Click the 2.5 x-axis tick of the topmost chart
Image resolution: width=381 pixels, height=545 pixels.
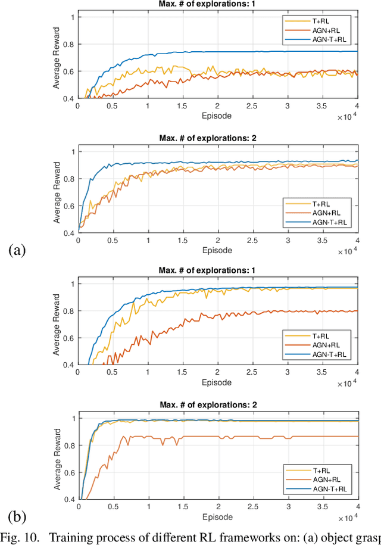point(252,105)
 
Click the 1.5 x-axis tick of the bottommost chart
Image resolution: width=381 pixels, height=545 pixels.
point(183,507)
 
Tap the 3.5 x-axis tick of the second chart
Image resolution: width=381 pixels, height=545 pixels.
point(322,240)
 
